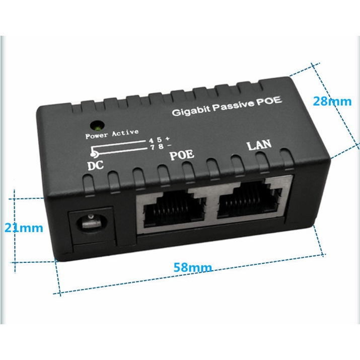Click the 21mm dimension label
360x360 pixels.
[24, 228]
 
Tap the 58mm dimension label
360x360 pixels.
[193, 267]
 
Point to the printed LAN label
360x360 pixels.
[259, 145]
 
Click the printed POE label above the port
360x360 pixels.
[181, 155]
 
